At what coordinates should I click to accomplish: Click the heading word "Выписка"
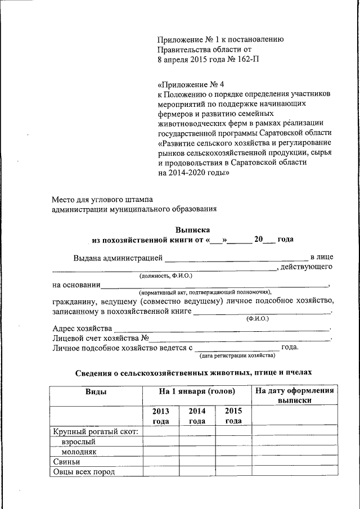[x=192, y=229]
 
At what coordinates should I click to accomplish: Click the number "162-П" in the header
[x=248, y=58]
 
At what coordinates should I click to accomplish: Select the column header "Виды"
[x=96, y=391]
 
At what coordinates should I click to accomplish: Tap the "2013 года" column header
[x=161, y=416]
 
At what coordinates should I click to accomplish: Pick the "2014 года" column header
[x=197, y=416]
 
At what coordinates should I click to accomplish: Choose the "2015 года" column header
[x=233, y=416]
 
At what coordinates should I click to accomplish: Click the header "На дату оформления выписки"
[x=295, y=395]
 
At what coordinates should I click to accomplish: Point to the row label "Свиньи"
[x=65, y=462]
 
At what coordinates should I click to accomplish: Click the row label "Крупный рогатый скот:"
[x=95, y=431]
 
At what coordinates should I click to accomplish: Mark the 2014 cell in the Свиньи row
[x=197, y=462]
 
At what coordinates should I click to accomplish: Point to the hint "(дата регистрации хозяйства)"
[x=237, y=355]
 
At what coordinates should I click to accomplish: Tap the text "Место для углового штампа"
[x=102, y=199]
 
